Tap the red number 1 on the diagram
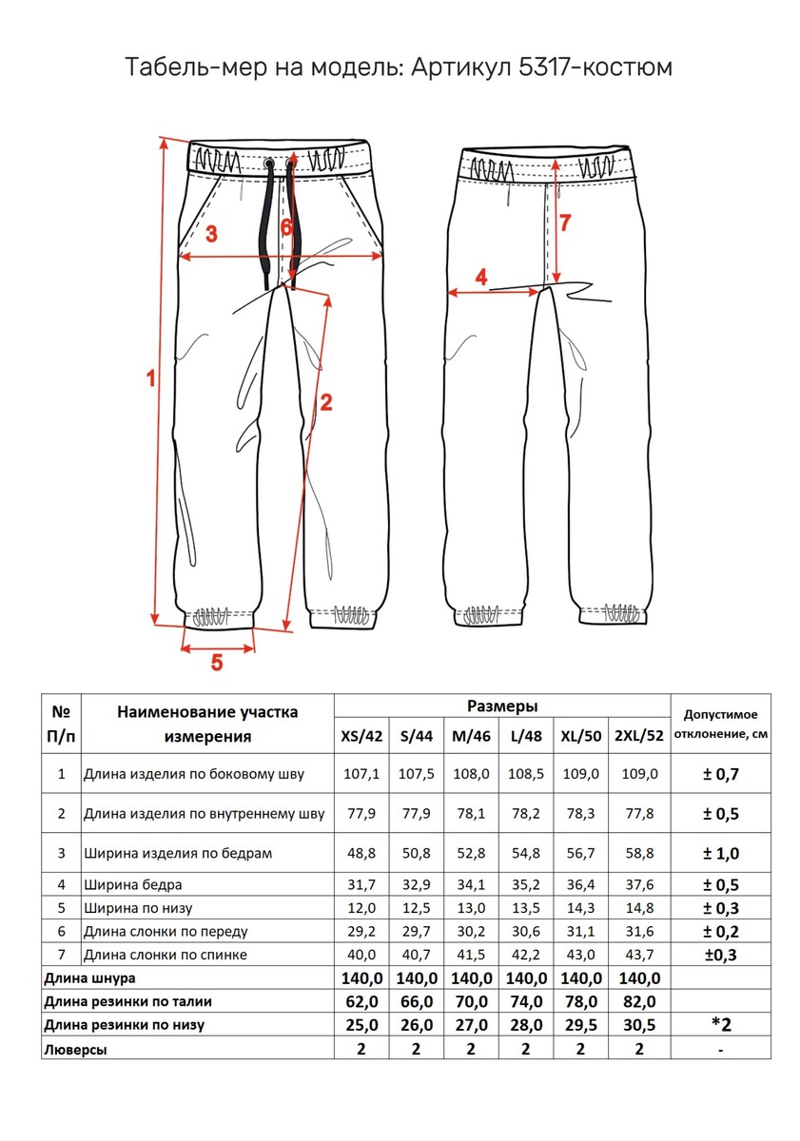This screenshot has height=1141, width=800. click(x=149, y=378)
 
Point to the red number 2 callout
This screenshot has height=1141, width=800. click(x=325, y=401)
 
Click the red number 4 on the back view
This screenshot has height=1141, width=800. click(x=481, y=278)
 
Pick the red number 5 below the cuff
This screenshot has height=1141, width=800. click(x=217, y=663)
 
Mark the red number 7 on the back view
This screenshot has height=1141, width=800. click(x=565, y=223)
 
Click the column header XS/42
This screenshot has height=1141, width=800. click(x=361, y=736)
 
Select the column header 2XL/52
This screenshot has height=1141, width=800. click(x=638, y=736)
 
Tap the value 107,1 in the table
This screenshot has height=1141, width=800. click(x=361, y=774)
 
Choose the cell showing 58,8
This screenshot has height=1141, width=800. click(x=638, y=853)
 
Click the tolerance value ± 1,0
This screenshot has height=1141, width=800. click(x=720, y=853)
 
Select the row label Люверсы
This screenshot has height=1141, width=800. click(x=75, y=1050)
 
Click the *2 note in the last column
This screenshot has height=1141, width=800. click(x=720, y=1024)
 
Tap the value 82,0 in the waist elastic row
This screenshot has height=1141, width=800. click(x=638, y=1001)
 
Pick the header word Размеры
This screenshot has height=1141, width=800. click(x=502, y=706)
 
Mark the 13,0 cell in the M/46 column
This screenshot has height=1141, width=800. click(x=472, y=908)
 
